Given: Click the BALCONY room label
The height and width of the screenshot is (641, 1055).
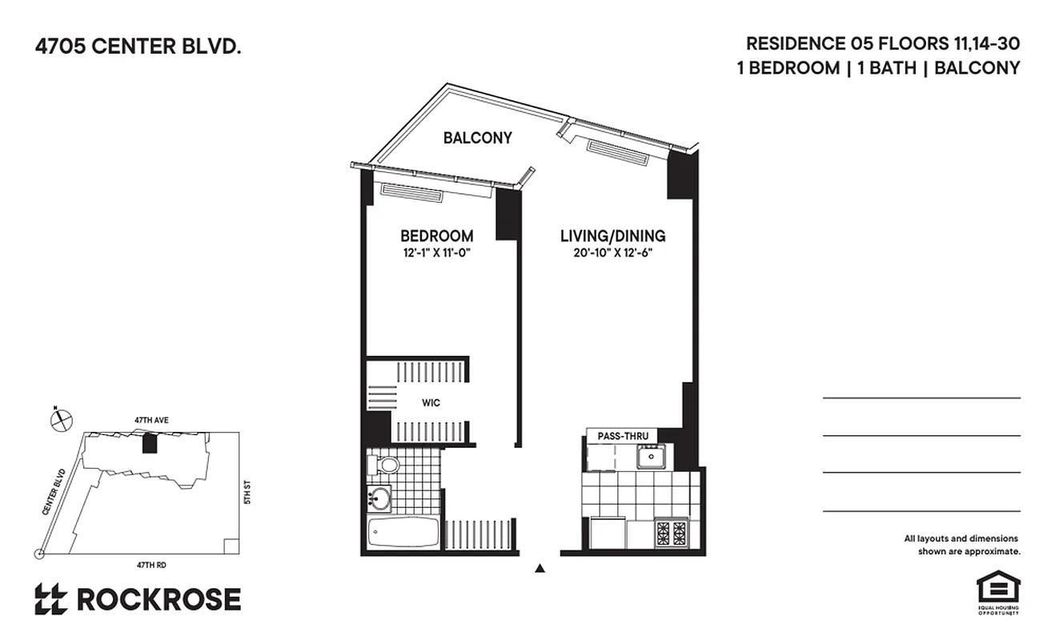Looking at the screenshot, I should [478, 138].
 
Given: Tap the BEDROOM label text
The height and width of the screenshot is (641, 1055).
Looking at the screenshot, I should [436, 236].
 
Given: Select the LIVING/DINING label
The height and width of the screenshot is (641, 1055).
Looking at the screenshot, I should [612, 236].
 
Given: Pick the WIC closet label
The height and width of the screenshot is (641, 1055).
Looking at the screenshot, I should [431, 402].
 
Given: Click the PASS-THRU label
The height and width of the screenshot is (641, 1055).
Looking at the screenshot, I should [622, 436].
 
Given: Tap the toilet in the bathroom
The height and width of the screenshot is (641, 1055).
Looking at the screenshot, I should [386, 464].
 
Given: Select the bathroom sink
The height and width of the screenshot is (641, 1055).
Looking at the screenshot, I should [379, 499].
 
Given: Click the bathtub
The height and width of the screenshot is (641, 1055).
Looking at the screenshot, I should [403, 532].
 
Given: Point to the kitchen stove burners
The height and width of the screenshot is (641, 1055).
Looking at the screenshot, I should [671, 532].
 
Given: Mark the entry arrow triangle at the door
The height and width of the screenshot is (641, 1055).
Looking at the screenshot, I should [540, 569].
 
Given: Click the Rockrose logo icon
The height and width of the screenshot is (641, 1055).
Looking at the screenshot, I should [50, 599].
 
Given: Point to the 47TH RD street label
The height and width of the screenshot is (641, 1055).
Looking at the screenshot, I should [151, 565].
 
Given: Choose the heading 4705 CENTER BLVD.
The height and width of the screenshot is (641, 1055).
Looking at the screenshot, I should [137, 47].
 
